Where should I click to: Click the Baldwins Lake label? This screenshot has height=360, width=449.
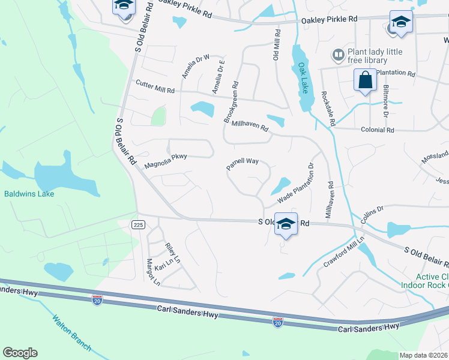click(x=29, y=194)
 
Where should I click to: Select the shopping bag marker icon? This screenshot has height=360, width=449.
click(x=365, y=80)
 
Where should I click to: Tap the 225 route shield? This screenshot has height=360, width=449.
click(x=138, y=224)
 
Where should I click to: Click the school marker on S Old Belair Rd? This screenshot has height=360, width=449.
click(x=286, y=223)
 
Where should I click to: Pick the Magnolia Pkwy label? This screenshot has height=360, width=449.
click(x=166, y=160)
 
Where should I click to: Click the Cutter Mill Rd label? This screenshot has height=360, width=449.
click(x=155, y=86)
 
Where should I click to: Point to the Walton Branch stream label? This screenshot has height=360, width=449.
click(x=71, y=333)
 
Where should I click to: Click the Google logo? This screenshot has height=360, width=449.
click(x=20, y=353)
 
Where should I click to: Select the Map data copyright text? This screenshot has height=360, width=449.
click(x=424, y=355)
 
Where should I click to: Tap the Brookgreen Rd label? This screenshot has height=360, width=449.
click(x=232, y=103)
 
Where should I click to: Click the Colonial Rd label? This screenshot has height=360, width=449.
click(x=377, y=130)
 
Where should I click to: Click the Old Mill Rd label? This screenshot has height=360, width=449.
click(x=277, y=46)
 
